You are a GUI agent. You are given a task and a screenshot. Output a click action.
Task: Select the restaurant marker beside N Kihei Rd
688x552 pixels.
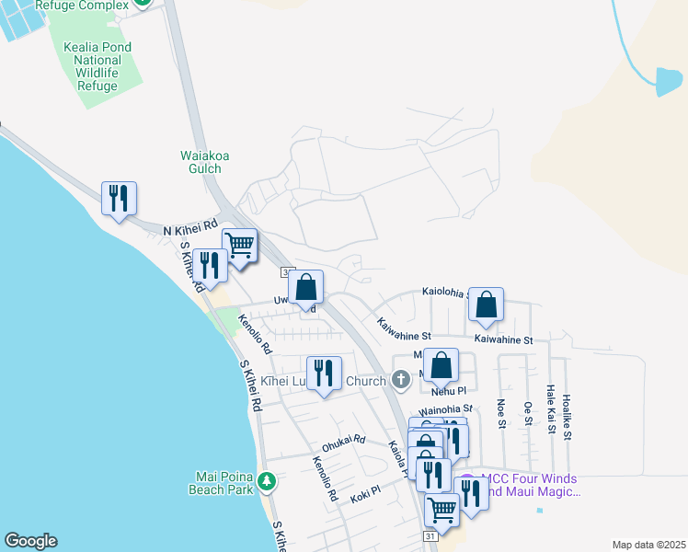click(x=119, y=198)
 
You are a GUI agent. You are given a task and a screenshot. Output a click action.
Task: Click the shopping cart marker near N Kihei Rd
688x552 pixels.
click(x=239, y=245)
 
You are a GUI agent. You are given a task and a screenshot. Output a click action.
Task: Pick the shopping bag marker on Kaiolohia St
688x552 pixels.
click(x=486, y=304)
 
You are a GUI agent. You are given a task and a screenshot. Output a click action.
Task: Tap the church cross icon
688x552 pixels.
click(x=400, y=378)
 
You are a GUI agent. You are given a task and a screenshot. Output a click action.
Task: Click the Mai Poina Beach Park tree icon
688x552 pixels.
click(x=266, y=481)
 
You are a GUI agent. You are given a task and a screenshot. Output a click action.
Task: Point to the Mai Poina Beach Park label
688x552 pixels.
click(x=224, y=483)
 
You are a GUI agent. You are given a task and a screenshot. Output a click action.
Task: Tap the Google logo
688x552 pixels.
click(x=30, y=541)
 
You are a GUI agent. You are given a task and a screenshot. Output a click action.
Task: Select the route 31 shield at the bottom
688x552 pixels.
click(x=430, y=535)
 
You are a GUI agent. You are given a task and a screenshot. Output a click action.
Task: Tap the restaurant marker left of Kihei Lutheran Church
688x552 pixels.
click(x=323, y=373)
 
